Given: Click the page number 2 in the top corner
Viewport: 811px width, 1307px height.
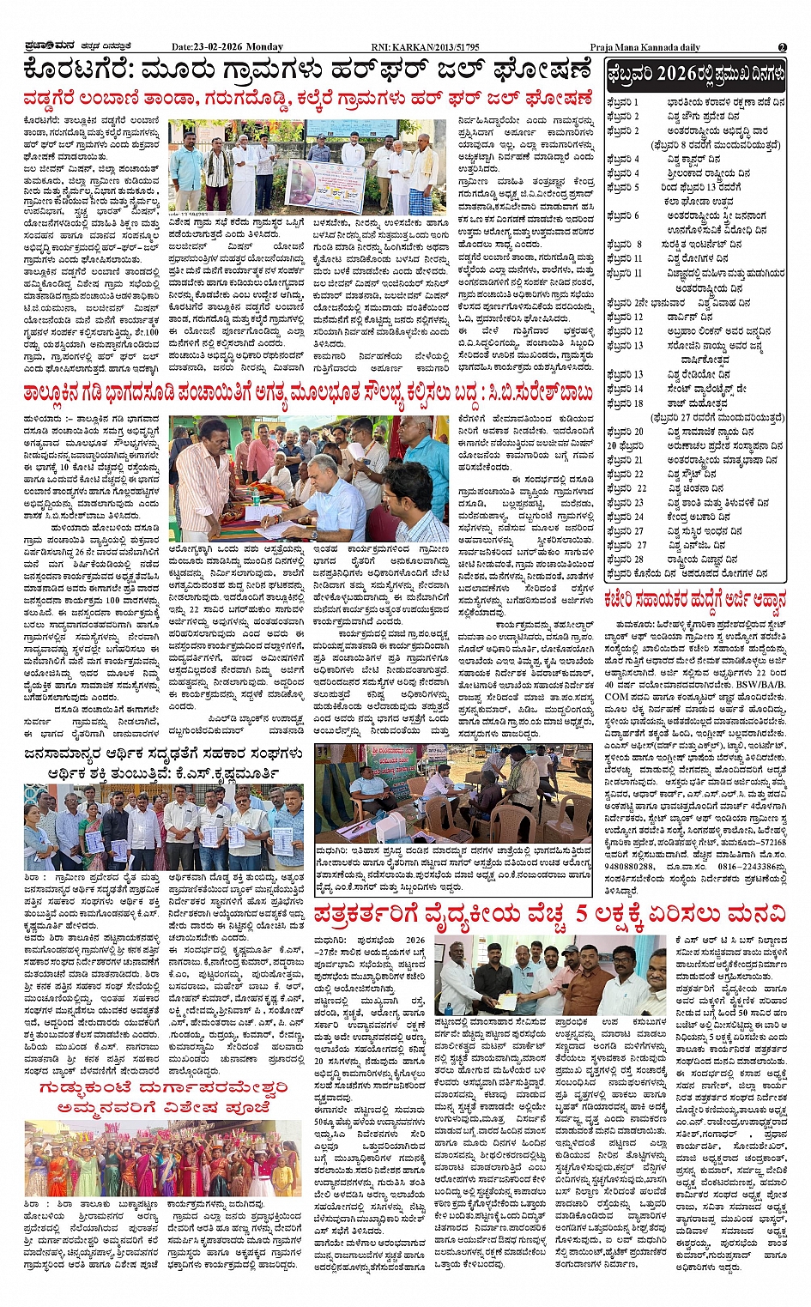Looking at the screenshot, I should tap(782, 47).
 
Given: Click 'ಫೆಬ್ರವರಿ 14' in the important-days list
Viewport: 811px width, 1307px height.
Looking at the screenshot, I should tap(625, 389).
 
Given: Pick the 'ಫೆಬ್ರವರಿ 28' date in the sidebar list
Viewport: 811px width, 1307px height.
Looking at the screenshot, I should tap(626, 560).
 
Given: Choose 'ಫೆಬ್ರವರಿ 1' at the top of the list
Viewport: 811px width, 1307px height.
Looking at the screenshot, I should tap(623, 102).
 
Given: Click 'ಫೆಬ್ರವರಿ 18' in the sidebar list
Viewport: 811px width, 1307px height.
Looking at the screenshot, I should tap(625, 403).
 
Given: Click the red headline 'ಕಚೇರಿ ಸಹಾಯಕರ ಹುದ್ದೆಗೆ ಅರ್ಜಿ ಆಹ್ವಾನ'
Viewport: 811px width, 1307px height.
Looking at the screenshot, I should tap(693, 599).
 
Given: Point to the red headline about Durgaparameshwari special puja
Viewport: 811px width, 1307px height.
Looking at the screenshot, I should tap(162, 1098).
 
